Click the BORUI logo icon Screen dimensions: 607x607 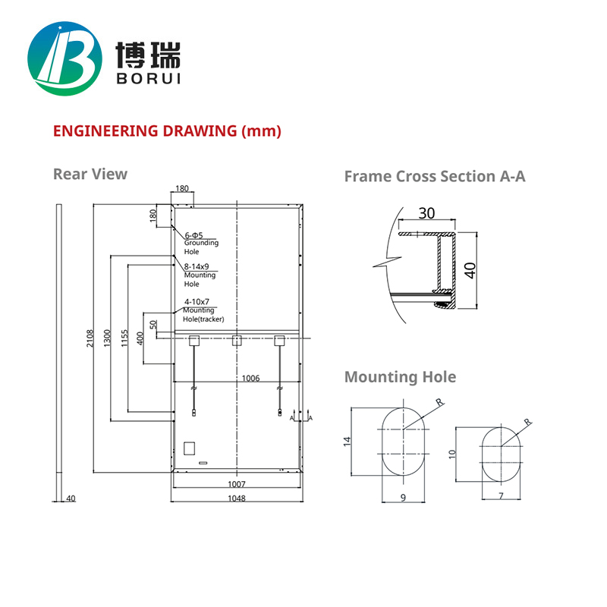[x=64, y=60]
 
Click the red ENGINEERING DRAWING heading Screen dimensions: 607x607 [x=167, y=131]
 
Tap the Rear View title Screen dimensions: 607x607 [x=90, y=174]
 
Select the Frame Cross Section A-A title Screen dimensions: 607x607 [x=435, y=176]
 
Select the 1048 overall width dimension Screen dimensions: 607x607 [x=237, y=498]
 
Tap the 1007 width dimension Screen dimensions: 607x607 [x=237, y=483]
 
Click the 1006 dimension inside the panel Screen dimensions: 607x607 [x=251, y=377]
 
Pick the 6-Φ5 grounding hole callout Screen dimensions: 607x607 [x=194, y=234]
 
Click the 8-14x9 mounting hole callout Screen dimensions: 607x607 [x=196, y=267]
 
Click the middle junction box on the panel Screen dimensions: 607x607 [x=237, y=340]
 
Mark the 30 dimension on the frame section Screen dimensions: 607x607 [x=427, y=214]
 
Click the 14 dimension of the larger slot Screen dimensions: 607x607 [x=347, y=442]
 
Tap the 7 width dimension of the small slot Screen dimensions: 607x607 [x=501, y=495]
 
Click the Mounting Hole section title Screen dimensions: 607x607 [x=400, y=377]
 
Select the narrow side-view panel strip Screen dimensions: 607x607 [x=58, y=349]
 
